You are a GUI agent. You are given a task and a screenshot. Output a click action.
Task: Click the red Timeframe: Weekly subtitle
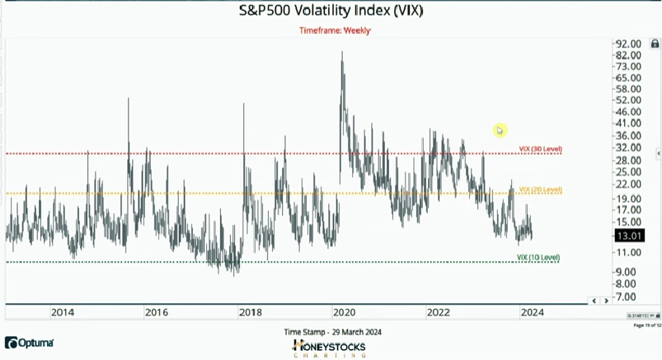(335, 30)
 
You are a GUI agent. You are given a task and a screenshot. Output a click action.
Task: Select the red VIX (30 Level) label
(540, 149)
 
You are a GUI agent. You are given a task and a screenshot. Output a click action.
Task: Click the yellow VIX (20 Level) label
(540, 189)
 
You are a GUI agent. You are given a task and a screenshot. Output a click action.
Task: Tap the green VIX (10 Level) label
(538, 257)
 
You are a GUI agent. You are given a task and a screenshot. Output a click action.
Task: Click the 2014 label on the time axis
(63, 312)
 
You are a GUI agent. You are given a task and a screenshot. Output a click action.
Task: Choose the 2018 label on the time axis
(251, 312)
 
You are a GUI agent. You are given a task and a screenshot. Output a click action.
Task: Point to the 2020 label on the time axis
(344, 312)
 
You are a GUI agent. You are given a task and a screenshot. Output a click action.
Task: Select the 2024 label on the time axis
(532, 312)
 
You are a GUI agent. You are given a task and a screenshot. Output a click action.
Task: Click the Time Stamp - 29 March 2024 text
(332, 332)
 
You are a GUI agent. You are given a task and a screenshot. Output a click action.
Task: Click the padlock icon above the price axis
(655, 44)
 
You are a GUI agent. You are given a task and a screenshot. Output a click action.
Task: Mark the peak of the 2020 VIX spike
(342, 52)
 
